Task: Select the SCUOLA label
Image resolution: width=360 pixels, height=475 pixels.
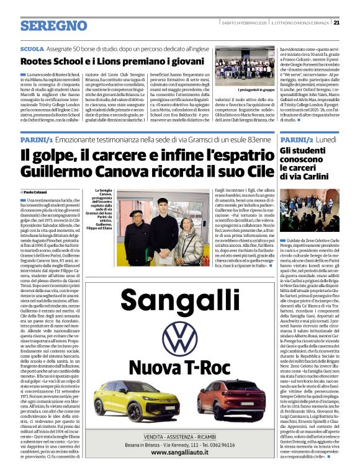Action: [32, 48]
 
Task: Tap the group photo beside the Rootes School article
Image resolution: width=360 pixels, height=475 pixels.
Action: [245, 66]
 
